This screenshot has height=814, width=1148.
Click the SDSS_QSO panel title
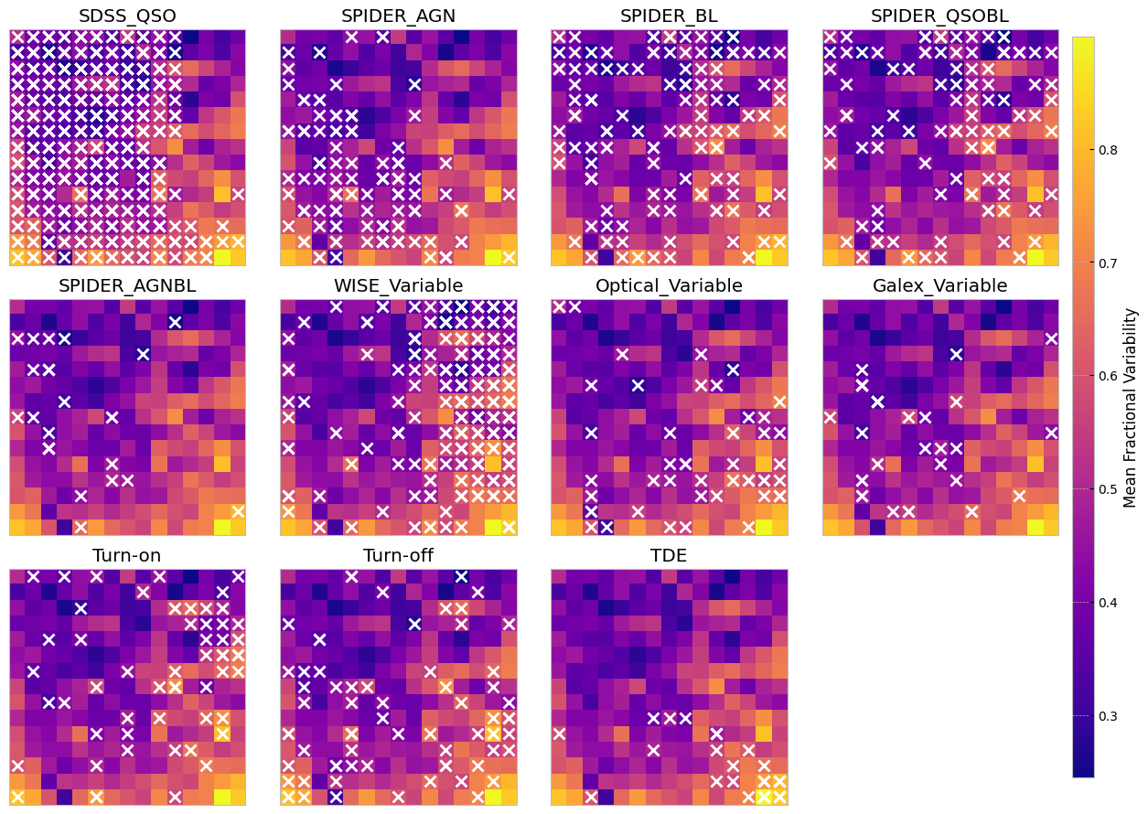tap(127, 16)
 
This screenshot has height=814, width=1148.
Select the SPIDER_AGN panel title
tap(398, 16)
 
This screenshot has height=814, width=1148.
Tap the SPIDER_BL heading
tap(669, 16)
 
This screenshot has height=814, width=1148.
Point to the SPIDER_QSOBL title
tap(939, 16)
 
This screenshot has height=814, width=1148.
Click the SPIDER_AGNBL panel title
tap(127, 285)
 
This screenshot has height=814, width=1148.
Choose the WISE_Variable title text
tap(398, 285)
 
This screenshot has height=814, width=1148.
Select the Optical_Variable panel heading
tap(669, 285)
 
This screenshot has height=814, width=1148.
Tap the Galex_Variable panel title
tap(939, 285)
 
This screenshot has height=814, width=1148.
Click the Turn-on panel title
tap(127, 556)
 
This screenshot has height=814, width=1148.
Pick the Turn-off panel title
tap(398, 556)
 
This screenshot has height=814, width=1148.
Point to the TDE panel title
tap(669, 556)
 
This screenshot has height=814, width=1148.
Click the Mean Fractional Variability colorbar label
tap(1131, 407)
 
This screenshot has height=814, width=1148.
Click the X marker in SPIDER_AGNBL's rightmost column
tap(238, 511)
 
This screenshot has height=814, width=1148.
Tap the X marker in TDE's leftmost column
tap(559, 734)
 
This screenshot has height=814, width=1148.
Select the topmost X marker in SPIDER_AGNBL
tap(175, 322)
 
